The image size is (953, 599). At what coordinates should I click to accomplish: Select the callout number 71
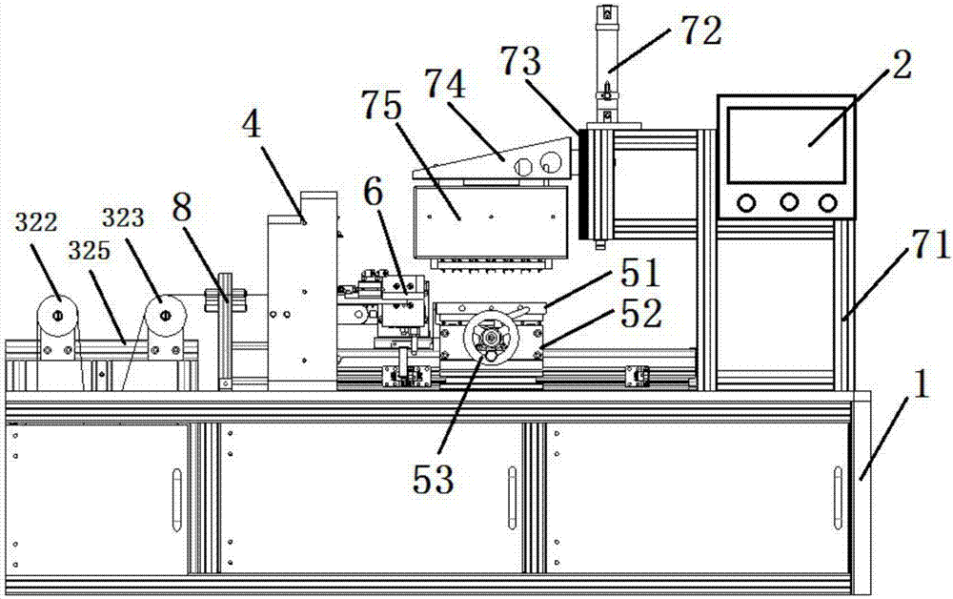(929, 249)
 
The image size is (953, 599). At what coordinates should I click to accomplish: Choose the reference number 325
(87, 251)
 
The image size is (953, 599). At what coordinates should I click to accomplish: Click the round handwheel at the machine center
(490, 340)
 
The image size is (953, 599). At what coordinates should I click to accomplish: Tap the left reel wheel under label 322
(57, 315)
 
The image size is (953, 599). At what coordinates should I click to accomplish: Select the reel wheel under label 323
(164, 314)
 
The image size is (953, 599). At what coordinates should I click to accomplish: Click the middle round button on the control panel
(788, 202)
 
